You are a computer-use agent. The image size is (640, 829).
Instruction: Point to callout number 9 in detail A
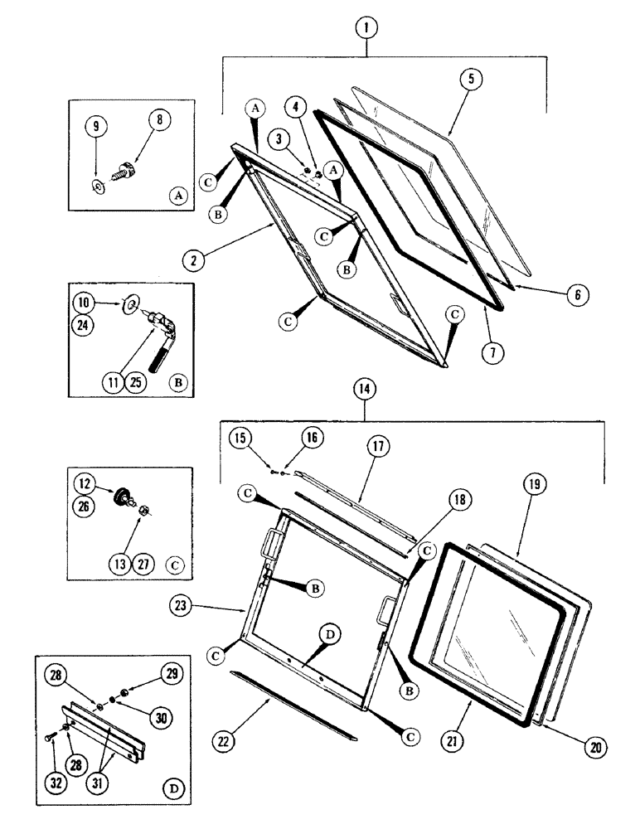click(96, 128)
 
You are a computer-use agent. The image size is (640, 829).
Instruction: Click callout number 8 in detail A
click(159, 119)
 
